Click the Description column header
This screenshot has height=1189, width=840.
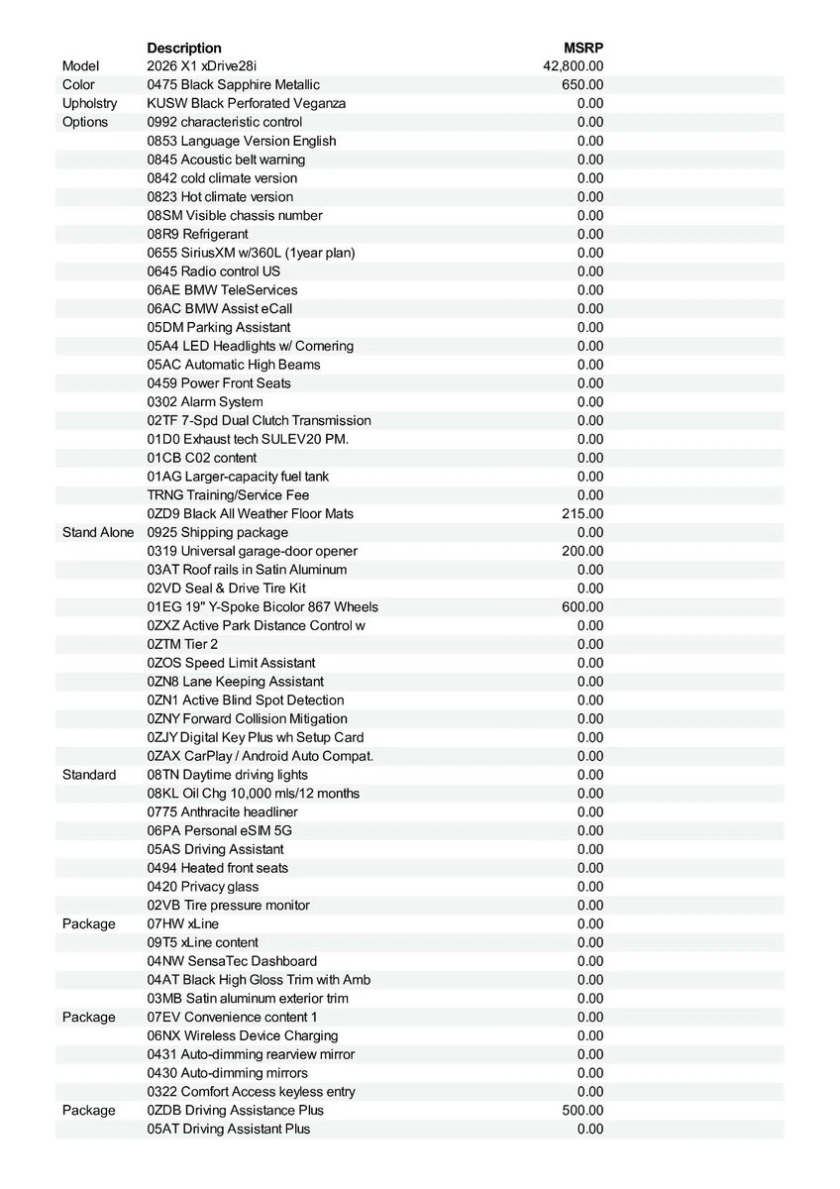(x=184, y=48)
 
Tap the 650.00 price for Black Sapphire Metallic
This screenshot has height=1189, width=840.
(x=582, y=85)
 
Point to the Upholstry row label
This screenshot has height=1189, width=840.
(x=89, y=103)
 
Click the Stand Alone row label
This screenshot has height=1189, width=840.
(x=97, y=532)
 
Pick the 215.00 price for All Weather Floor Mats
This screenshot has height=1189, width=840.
(x=582, y=513)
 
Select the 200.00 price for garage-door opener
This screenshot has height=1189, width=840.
(x=582, y=551)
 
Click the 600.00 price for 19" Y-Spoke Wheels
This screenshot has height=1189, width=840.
(x=582, y=606)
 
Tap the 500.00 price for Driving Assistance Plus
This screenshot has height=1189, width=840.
(x=582, y=1110)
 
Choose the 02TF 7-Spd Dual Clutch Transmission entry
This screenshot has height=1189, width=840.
(x=259, y=420)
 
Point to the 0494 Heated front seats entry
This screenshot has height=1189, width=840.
(x=218, y=868)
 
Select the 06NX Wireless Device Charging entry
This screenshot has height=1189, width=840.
(x=243, y=1035)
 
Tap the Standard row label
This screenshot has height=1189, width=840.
(x=89, y=775)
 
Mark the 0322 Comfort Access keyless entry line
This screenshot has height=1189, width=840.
(x=251, y=1092)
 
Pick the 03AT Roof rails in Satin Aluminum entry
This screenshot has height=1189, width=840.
(x=247, y=570)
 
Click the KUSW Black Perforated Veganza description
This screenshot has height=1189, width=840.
(x=247, y=103)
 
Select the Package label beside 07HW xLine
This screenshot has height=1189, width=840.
(x=89, y=923)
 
